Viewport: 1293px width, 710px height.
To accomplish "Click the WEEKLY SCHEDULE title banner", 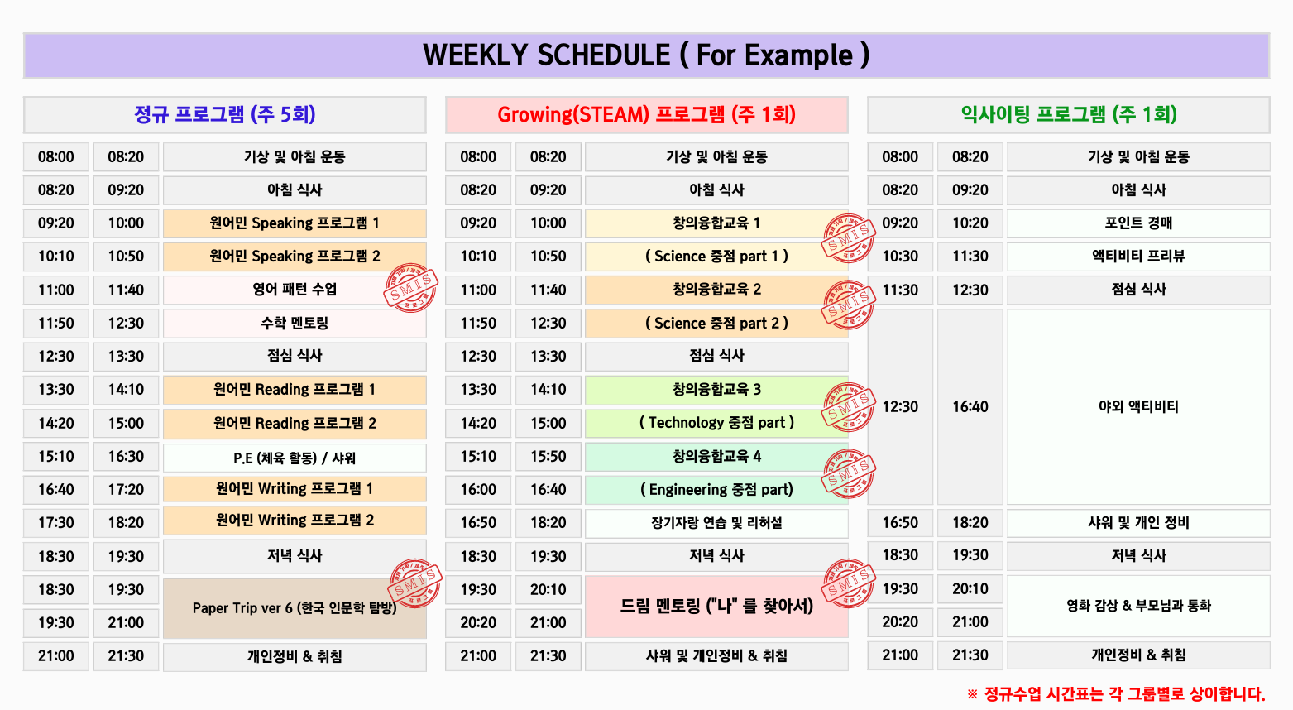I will click(646, 55).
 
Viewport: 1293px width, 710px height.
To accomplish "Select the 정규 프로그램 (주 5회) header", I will click(225, 114).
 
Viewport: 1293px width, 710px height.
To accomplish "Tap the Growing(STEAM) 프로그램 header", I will click(646, 114).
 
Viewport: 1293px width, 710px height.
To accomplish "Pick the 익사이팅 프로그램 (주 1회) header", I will click(1068, 114).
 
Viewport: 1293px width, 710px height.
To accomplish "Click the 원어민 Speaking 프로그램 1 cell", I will click(295, 223).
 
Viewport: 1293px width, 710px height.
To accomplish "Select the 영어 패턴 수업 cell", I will click(295, 290).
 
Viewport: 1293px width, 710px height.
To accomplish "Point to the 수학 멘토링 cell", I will click(295, 323).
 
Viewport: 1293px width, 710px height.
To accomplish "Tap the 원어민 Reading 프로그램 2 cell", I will click(295, 423).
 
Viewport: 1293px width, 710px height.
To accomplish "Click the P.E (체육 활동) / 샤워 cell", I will click(295, 458).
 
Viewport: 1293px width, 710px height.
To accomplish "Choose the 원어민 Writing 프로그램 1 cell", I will click(295, 489).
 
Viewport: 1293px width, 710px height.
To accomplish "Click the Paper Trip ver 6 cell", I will click(295, 608).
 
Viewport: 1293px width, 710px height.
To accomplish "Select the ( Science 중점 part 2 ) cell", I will click(716, 323).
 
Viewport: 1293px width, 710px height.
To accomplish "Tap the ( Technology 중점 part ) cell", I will click(716, 423).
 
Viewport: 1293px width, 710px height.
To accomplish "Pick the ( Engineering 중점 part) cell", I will click(716, 489).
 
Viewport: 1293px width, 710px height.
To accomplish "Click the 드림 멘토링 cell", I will click(716, 607).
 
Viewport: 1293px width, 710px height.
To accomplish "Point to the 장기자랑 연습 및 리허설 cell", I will click(716, 523).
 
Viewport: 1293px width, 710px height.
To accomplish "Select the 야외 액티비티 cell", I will click(1138, 406).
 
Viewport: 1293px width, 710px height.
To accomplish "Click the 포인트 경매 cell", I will click(1138, 223).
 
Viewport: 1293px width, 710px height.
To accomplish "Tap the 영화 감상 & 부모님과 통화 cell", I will click(1138, 606).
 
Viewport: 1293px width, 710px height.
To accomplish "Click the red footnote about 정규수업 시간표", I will click(1117, 693).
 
